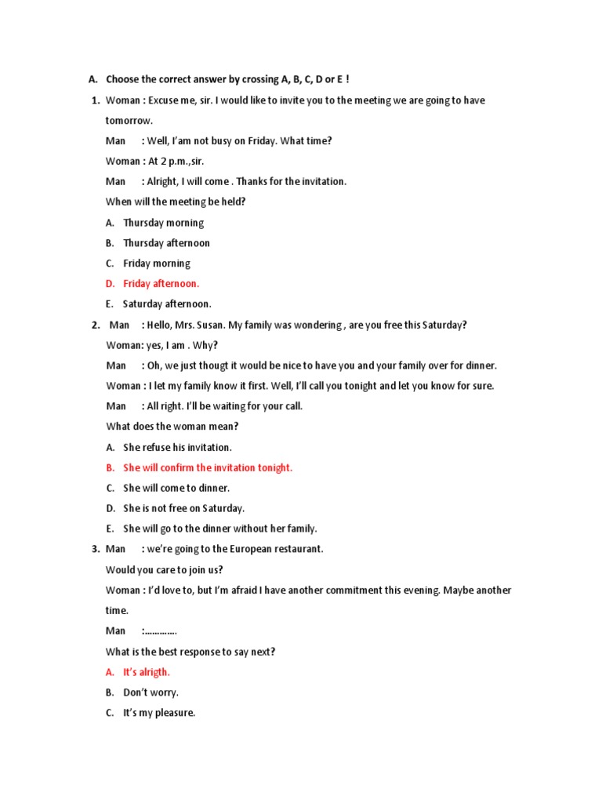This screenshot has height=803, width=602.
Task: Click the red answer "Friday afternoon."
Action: coord(161,284)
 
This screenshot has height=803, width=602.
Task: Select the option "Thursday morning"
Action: coord(163,223)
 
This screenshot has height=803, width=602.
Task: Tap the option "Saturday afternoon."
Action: coord(167,304)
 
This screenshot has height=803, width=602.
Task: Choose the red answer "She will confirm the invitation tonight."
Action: coord(208,467)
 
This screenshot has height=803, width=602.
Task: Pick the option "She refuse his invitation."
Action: coord(177,447)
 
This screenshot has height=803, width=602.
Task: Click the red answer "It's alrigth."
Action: coord(147,672)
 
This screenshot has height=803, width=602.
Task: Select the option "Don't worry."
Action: coord(150,692)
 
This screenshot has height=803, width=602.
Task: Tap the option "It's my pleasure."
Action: coord(159,713)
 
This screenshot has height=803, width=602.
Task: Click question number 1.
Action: coord(94,100)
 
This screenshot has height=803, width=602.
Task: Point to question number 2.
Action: coord(94,325)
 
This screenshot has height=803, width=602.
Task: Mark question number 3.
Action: coord(94,549)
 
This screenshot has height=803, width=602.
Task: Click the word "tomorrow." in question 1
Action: coord(129,121)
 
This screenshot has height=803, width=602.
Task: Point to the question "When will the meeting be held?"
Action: coord(176,202)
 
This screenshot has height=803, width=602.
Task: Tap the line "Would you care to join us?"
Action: coord(169,569)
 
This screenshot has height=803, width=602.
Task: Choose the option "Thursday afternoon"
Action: coord(166,243)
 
